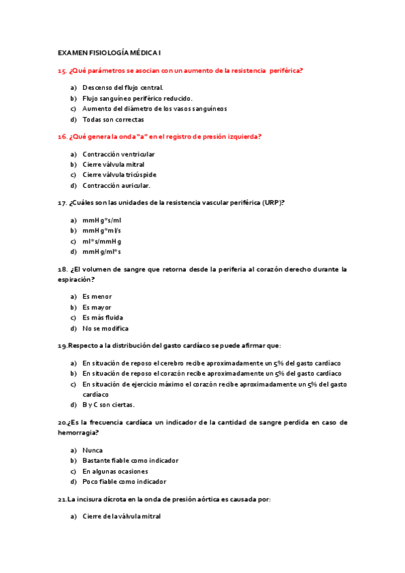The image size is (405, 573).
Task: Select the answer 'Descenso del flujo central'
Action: click(123, 87)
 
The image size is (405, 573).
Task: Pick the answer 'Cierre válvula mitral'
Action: click(114, 164)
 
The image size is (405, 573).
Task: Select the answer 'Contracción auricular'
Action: click(116, 185)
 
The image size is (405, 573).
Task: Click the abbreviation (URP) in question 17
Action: click(270, 203)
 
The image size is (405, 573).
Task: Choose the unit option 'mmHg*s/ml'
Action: click(102, 220)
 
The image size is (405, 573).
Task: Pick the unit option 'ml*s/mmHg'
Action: click(102, 241)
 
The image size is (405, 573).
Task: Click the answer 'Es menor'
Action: click(97, 297)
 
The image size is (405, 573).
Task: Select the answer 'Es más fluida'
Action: click(103, 318)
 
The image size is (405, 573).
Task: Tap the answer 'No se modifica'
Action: click(105, 328)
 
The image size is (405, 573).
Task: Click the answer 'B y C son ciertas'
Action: click(109, 405)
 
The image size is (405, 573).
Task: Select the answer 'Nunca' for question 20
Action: click(93, 449)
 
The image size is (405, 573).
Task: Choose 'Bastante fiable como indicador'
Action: click(130, 460)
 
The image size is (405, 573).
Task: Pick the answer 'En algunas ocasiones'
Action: click(115, 471)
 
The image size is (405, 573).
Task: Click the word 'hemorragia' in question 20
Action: click(77, 432)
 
